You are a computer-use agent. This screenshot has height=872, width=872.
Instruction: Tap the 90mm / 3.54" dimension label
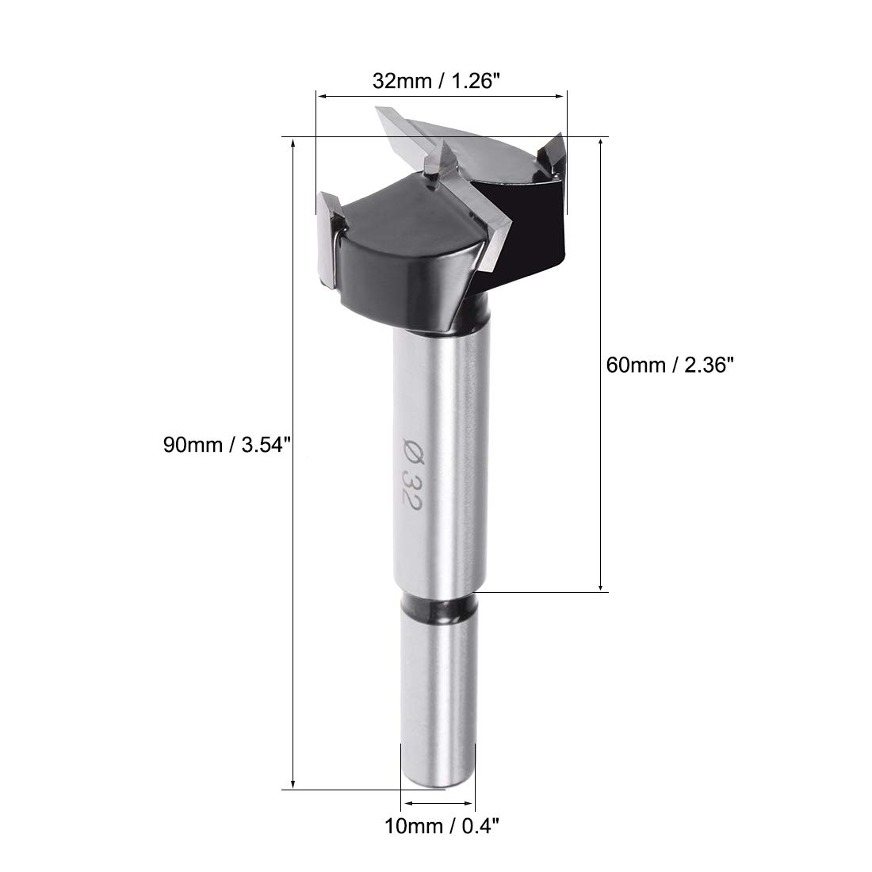[228, 445]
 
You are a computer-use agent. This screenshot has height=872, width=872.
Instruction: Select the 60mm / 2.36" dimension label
[670, 365]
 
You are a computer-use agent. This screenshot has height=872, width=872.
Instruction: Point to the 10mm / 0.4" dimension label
[442, 826]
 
